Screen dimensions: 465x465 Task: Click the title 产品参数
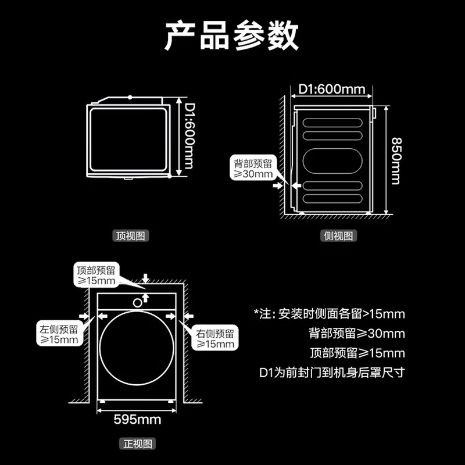[231, 35]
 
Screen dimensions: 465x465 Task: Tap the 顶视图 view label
[130, 236]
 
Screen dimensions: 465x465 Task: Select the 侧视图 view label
[338, 236]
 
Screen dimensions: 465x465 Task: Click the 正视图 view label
[138, 444]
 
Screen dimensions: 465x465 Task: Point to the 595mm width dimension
[137, 419]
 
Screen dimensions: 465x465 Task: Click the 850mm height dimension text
[396, 161]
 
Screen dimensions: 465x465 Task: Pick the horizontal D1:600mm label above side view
[331, 89]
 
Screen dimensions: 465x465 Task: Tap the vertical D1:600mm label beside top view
[189, 136]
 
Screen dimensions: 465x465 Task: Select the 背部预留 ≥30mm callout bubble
[253, 169]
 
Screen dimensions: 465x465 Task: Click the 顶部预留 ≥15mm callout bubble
[96, 275]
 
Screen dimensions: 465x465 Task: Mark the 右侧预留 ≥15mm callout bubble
[215, 338]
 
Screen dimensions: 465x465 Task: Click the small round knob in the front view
[137, 303]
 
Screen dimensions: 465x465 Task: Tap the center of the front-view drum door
[137, 348]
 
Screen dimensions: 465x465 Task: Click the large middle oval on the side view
[332, 161]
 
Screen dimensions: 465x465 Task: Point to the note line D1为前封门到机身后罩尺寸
[332, 373]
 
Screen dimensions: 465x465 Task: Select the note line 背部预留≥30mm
[357, 333]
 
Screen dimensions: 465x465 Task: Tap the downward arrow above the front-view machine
[145, 278]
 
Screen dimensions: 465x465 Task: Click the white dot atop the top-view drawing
[130, 97]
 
